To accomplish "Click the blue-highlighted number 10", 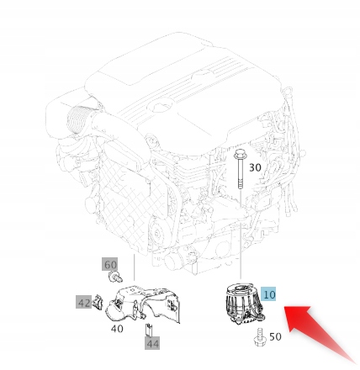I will click(x=269, y=295).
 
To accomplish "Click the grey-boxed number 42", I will click(x=83, y=301).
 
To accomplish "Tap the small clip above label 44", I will click(x=148, y=327).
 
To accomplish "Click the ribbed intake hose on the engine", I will click(x=80, y=126).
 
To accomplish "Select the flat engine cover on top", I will click(x=185, y=84).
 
